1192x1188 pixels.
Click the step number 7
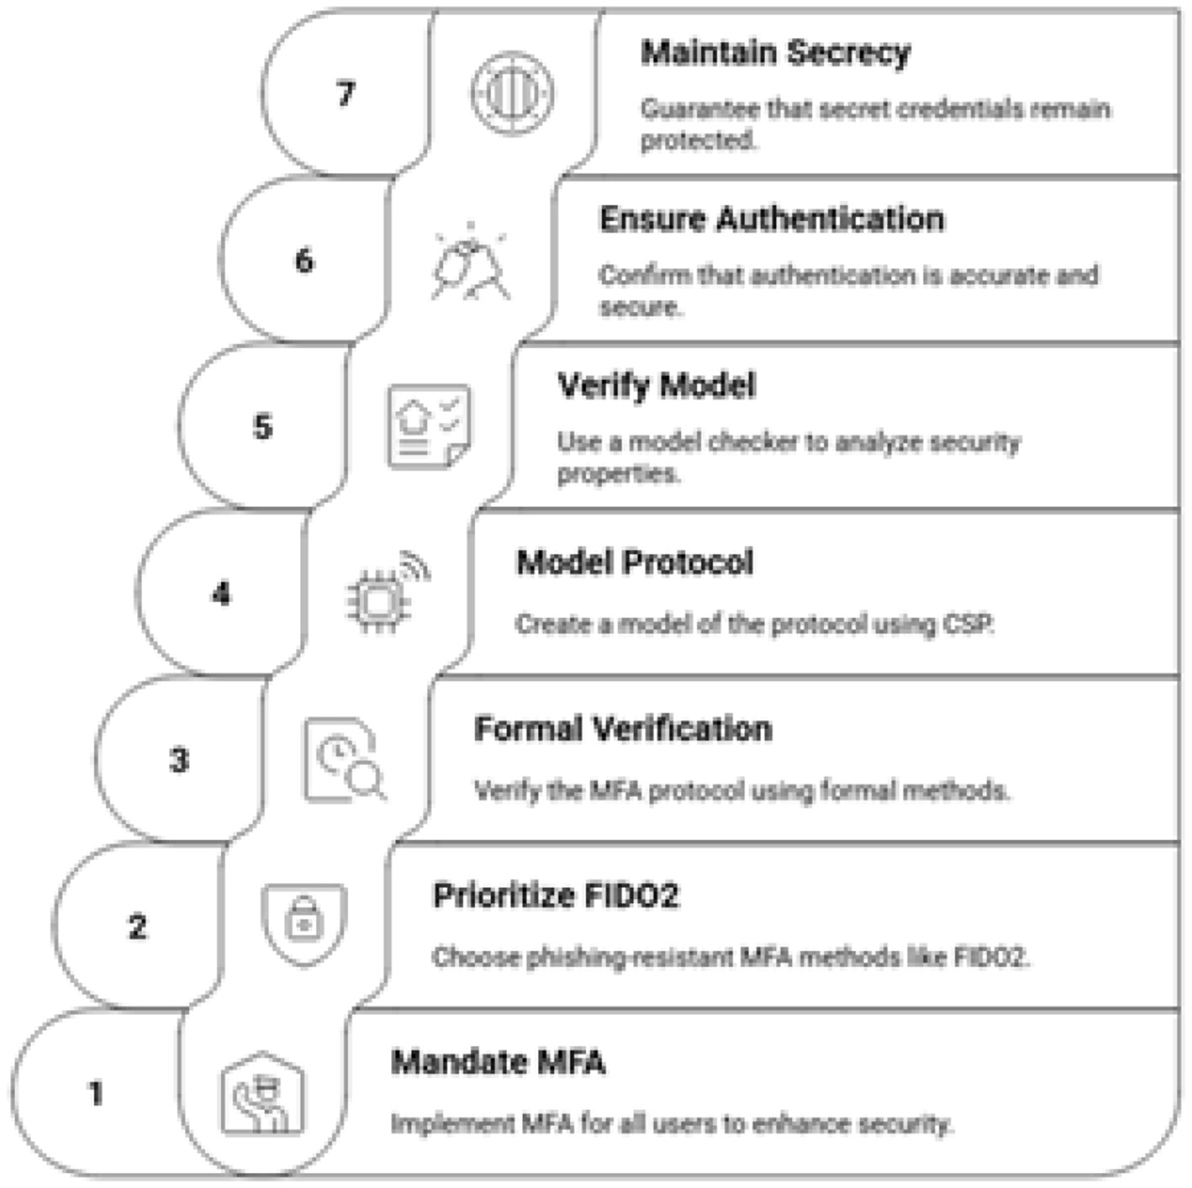point(346,93)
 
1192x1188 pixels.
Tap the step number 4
point(221,594)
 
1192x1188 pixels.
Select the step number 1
point(96,1093)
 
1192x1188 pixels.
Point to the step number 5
point(262,427)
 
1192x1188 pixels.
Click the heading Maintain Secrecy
point(775,53)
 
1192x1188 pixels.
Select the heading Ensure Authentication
point(771,220)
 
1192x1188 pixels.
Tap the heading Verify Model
point(656,386)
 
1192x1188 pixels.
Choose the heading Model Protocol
point(634,563)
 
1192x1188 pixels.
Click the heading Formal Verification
point(622,729)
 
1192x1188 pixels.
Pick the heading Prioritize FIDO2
point(555,896)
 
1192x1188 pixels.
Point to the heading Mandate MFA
point(498,1062)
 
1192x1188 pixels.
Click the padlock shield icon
point(304,924)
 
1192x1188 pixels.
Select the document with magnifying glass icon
point(344,760)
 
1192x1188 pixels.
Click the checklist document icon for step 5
point(428,426)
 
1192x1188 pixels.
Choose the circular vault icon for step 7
point(511,93)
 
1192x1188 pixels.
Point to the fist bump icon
point(470,261)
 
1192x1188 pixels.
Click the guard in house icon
point(262,1094)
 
